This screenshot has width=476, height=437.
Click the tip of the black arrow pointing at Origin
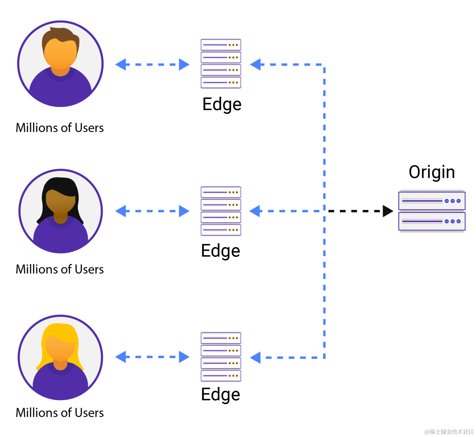click(393, 211)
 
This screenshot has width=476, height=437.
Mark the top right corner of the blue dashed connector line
click(324, 65)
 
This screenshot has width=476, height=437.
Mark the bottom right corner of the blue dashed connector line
click(324, 358)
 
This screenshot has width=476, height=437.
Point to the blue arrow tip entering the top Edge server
click(250, 65)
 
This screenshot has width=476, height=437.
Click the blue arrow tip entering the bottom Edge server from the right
click(250, 358)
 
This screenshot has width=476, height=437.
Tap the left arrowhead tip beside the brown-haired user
click(115, 65)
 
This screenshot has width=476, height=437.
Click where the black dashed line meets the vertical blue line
click(324, 211)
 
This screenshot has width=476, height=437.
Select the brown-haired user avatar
click(60, 64)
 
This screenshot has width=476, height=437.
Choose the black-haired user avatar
click(60, 211)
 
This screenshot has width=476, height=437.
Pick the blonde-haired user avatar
click(60, 358)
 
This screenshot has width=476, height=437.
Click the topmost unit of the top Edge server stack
click(221, 45)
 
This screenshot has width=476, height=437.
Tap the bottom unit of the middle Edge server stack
click(221, 230)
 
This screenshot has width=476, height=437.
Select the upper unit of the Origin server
click(432, 201)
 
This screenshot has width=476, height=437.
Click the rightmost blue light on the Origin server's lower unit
click(459, 221)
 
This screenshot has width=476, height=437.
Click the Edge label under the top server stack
click(222, 105)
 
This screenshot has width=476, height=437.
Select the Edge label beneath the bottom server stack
click(221, 395)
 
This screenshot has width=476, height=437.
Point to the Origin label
click(432, 172)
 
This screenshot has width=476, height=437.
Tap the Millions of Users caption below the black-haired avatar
click(60, 269)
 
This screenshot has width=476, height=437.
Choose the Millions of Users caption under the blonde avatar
click(60, 413)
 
